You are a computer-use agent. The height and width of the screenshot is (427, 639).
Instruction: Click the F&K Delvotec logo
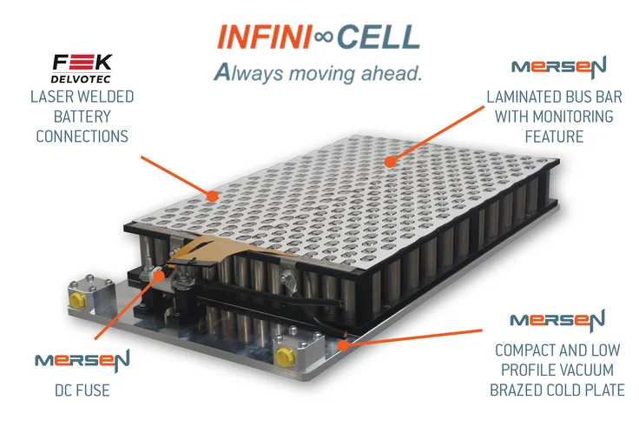coord(82,68)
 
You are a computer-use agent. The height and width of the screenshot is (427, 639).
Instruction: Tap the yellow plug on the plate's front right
coord(283,357)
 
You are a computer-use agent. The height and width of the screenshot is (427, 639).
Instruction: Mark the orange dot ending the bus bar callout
coord(390,161)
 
